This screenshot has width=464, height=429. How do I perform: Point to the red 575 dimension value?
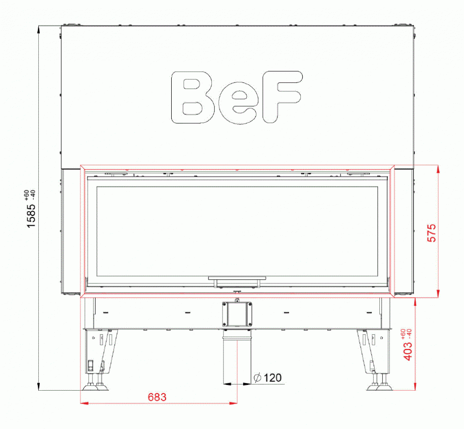pyautogui.click(x=431, y=233)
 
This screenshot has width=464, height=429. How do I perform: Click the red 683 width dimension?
pyautogui.click(x=157, y=397)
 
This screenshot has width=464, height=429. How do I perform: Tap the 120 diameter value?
pyautogui.click(x=273, y=378)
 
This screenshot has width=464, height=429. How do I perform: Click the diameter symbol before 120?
pyautogui.click(x=257, y=378)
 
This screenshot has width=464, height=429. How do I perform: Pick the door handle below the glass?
pyautogui.click(x=237, y=281)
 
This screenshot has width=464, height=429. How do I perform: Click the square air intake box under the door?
pyautogui.click(x=237, y=314)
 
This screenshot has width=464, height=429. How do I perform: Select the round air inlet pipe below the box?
pyautogui.click(x=237, y=359)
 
